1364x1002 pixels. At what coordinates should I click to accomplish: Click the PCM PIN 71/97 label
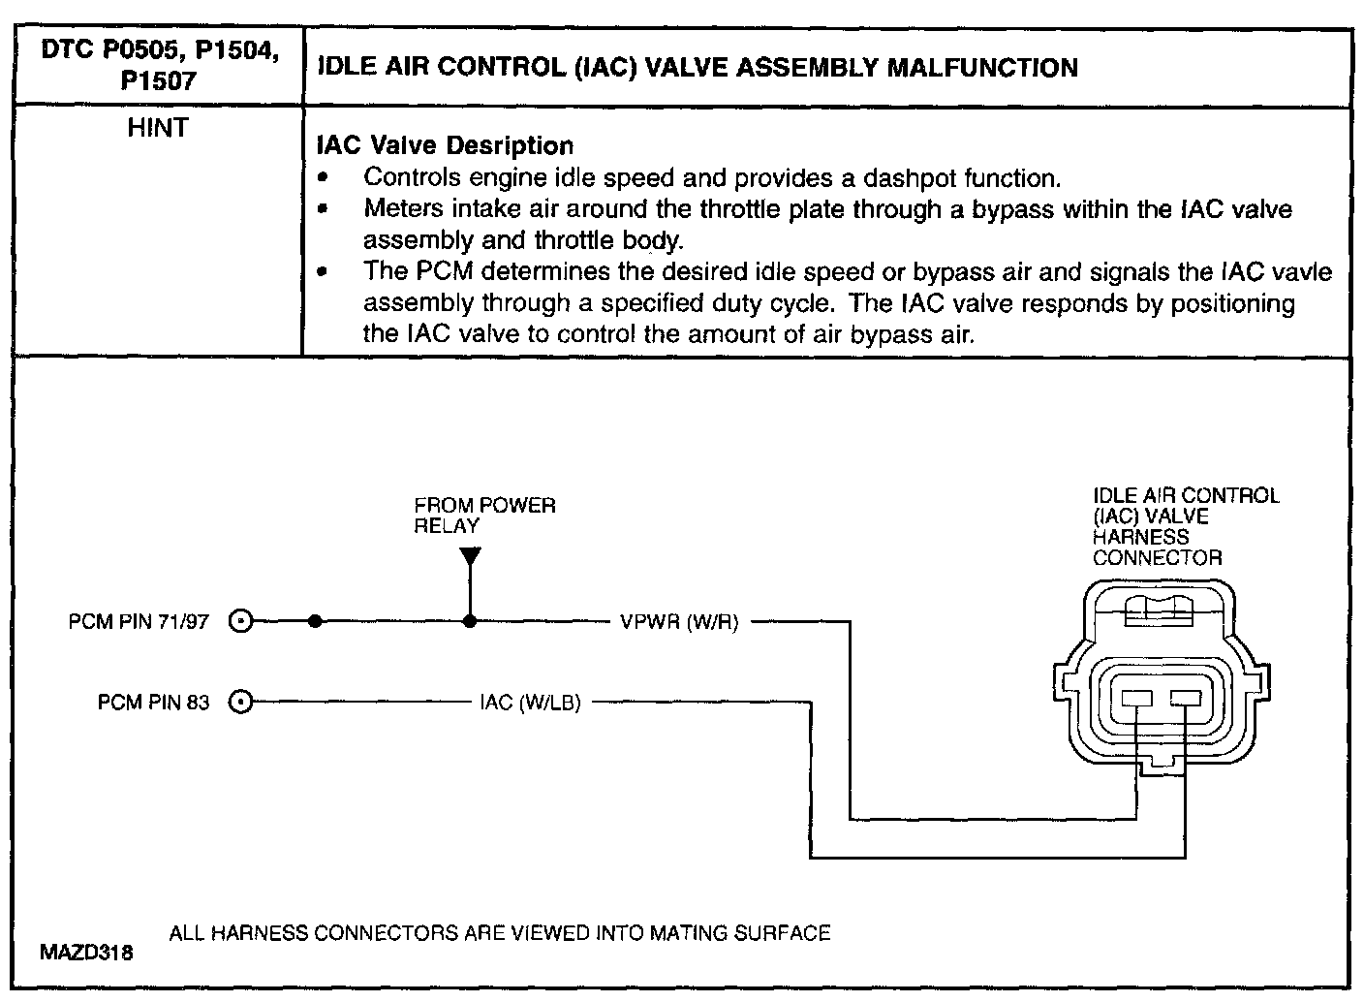(139, 622)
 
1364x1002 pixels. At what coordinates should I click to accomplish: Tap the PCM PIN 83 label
(153, 702)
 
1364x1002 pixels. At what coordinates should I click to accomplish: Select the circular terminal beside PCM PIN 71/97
(242, 622)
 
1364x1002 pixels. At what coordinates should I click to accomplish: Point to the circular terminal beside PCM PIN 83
(242, 702)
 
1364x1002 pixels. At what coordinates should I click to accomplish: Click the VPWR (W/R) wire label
(679, 622)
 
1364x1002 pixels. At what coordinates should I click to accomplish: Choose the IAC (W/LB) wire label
(530, 702)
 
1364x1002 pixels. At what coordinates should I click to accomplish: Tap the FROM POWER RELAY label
(484, 516)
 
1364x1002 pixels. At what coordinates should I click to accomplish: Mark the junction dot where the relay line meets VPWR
(470, 622)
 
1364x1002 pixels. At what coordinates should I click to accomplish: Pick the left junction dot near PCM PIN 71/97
(315, 622)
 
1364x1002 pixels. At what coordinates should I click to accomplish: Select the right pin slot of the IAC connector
(1185, 698)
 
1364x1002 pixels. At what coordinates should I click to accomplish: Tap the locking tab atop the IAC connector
(1159, 610)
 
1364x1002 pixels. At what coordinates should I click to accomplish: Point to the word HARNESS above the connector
(1140, 537)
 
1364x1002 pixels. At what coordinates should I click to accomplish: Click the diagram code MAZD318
(86, 953)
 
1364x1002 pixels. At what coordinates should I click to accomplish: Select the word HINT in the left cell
(157, 128)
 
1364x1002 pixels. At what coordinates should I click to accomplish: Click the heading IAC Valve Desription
(446, 146)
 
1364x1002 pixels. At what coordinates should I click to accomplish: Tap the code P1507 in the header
(158, 81)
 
